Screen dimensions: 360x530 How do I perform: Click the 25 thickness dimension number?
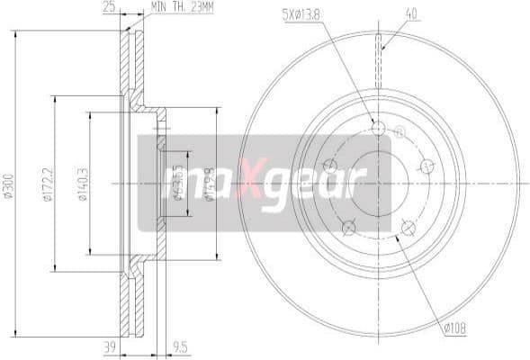point(108,9)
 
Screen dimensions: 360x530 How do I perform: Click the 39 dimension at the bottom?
point(110,345)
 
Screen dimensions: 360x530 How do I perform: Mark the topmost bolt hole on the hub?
point(378,129)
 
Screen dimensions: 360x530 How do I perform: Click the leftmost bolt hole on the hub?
point(330,166)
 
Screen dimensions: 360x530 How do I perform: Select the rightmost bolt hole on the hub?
point(427,165)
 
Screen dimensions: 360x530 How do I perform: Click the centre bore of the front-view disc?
point(378,183)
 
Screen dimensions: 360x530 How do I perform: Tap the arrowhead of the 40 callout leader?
point(382,48)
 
